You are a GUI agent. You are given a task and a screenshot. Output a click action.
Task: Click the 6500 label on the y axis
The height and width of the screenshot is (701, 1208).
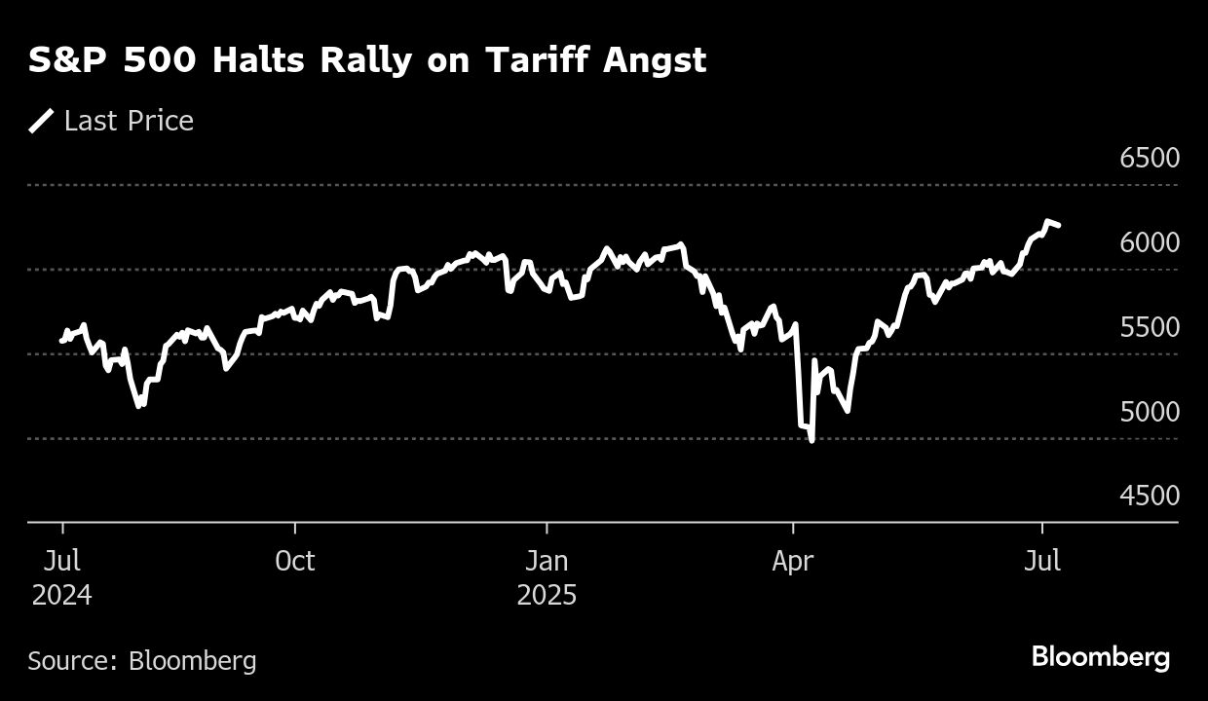click(1150, 158)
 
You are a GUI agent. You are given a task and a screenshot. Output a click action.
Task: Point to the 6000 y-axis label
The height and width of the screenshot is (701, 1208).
click(1150, 242)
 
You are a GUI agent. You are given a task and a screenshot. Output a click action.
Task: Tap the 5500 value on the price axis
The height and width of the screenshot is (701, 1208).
click(1150, 327)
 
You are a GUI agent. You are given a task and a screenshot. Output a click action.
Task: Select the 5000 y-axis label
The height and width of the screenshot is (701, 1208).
click(1150, 412)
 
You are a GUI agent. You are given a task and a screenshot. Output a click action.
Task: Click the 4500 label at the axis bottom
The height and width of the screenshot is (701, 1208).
click(1150, 496)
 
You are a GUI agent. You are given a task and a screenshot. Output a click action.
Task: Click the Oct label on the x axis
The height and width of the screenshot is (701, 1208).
click(294, 562)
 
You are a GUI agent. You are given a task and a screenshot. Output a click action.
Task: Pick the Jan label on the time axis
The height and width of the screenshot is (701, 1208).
click(547, 562)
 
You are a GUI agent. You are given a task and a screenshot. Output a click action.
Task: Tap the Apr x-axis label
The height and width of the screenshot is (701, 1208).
click(794, 562)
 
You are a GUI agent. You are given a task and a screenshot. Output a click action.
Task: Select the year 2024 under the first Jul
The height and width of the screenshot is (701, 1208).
click(62, 595)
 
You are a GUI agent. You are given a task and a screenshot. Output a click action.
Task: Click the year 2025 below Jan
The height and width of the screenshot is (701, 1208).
click(547, 595)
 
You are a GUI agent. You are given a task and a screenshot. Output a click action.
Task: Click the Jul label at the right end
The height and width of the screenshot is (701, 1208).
click(1043, 562)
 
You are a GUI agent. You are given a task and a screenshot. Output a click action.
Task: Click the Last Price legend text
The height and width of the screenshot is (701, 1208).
click(129, 121)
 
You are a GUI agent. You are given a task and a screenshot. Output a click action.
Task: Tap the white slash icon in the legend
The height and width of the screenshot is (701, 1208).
click(42, 121)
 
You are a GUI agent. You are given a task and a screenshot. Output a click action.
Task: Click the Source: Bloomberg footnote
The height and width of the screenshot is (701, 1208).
click(142, 661)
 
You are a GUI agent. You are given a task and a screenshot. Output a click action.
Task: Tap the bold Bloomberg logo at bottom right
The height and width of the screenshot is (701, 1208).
click(1100, 657)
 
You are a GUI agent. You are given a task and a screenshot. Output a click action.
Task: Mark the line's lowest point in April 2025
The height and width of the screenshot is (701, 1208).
click(812, 440)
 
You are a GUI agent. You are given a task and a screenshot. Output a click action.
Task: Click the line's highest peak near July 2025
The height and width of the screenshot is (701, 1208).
click(1048, 222)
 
